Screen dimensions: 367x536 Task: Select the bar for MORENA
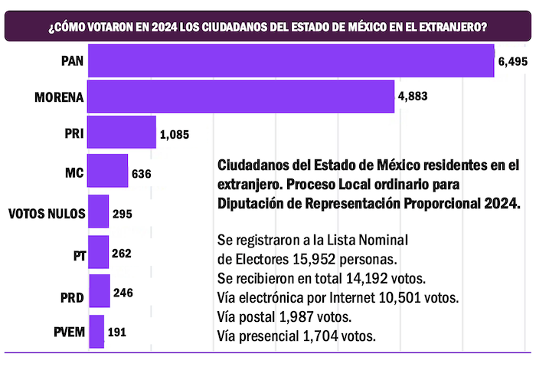coord(241,97)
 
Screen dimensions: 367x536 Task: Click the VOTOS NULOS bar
coord(99,212)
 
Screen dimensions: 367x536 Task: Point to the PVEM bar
coord(96,332)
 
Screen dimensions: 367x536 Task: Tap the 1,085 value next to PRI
coord(175,136)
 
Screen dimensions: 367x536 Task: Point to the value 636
coord(141,173)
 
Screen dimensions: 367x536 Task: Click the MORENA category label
coord(58,97)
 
